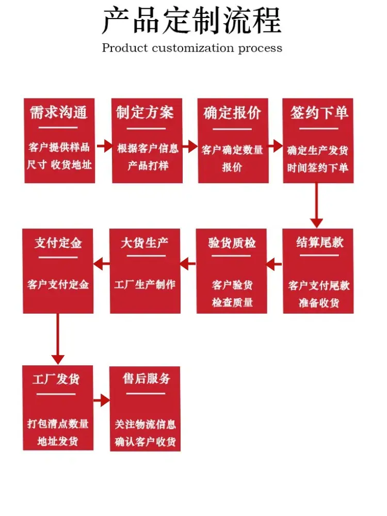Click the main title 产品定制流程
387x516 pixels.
(192, 21)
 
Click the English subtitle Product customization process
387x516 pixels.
(192, 48)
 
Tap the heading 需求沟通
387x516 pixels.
(59, 112)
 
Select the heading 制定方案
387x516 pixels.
(145, 112)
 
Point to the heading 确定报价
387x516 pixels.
(232, 113)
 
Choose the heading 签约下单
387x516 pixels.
(319, 112)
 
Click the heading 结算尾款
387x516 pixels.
(319, 243)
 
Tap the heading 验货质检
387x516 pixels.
(232, 243)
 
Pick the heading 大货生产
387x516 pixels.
(145, 243)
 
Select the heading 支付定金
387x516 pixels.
(58, 243)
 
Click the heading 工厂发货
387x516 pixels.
(56, 379)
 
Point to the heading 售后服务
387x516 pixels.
(146, 378)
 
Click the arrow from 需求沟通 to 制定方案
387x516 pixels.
(104, 146)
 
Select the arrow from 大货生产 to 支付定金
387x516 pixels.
(102, 264)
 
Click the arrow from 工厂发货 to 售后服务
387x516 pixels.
(101, 400)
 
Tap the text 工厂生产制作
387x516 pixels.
(145, 284)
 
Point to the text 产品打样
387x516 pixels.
(148, 165)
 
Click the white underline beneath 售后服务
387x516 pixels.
(146, 393)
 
